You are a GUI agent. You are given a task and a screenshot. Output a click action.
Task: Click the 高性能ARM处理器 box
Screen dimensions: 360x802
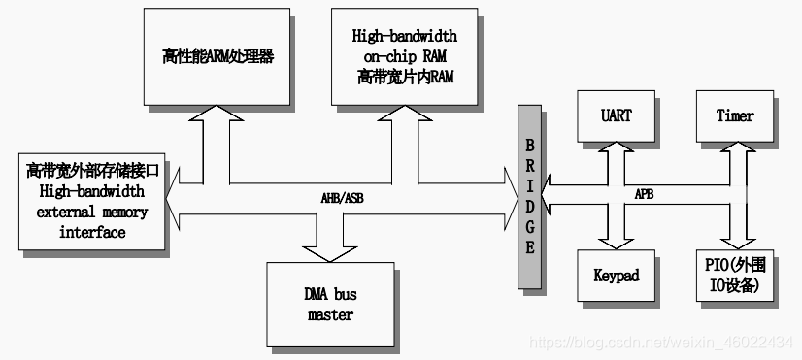pos(217,56)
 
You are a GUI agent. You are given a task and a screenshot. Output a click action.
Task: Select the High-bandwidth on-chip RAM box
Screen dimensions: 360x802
pos(405,56)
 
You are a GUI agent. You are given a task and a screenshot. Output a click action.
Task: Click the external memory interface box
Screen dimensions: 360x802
pos(92,201)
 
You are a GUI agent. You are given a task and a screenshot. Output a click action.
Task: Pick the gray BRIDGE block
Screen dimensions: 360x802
pos(530,193)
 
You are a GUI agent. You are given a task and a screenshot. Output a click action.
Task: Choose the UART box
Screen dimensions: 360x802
pos(616,115)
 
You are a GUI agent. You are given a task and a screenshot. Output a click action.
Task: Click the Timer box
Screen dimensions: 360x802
pos(735,115)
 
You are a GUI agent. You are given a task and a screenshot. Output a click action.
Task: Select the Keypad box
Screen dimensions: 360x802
pos(616,276)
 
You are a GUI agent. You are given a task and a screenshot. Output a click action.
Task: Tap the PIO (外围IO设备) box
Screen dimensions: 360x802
pos(735,276)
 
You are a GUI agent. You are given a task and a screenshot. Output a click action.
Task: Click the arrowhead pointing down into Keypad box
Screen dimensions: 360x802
pos(616,241)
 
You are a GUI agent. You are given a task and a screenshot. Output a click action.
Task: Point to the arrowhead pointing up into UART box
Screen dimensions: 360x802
pos(616,149)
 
